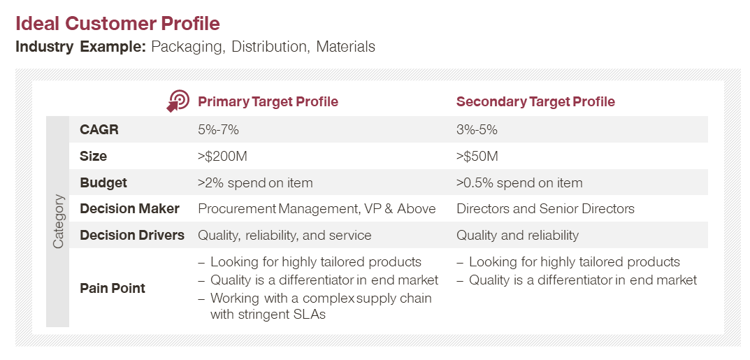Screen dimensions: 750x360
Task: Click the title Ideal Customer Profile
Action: point(117,24)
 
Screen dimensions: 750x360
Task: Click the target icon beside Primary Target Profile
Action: point(178,101)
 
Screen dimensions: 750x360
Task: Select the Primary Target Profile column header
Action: point(268,102)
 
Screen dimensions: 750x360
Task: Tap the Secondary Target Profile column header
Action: point(535,102)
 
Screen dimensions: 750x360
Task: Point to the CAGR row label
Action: point(99,129)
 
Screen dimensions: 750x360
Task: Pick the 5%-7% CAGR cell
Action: point(218,129)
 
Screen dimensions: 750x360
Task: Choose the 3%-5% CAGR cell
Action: point(477,129)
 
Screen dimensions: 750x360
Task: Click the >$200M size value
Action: point(222,157)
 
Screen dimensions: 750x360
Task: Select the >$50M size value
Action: point(477,157)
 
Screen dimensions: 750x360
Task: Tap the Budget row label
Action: point(103,183)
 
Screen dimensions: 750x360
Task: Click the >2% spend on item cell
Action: point(255,182)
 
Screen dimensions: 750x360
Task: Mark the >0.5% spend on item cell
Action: point(519,182)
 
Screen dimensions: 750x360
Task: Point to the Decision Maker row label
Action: point(129,209)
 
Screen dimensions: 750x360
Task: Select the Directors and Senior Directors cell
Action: point(545,209)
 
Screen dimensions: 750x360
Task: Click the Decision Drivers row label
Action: point(132,235)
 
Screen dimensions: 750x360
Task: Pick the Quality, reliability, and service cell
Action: point(284,235)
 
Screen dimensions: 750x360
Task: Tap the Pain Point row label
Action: point(113,288)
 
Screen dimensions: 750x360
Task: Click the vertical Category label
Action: point(58,222)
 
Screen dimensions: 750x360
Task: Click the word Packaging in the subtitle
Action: point(188,48)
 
